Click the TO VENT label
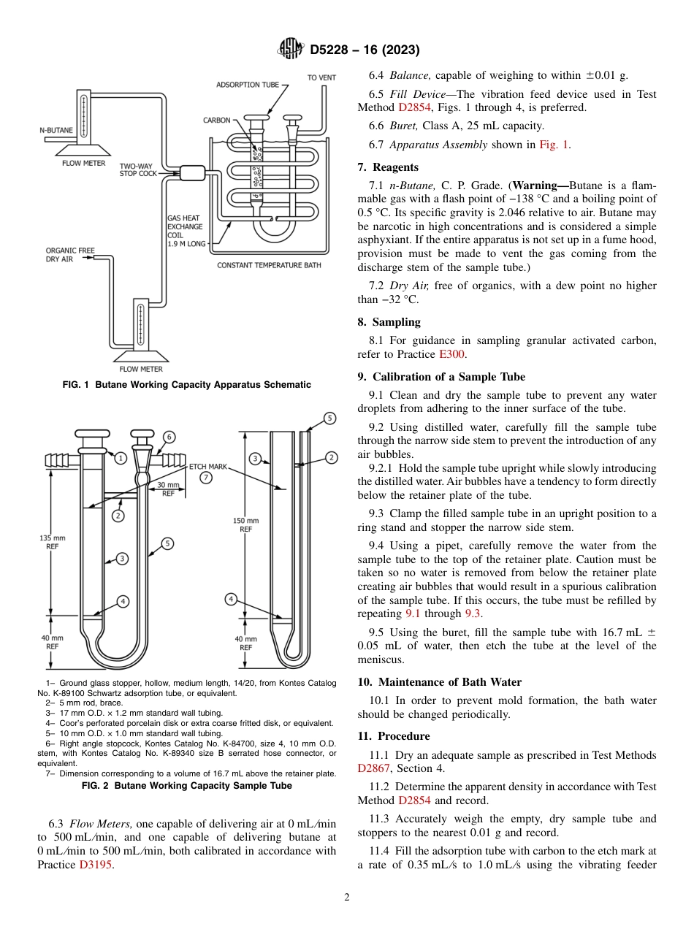[x=321, y=77]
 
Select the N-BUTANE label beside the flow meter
[x=56, y=130]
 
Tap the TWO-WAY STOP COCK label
[x=137, y=169]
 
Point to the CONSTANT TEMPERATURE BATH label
[x=268, y=265]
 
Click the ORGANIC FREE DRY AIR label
[x=70, y=255]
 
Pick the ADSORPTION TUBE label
[x=248, y=85]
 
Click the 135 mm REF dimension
[x=52, y=542]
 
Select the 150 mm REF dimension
[x=245, y=524]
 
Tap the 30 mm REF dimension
[x=168, y=489]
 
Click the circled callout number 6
[x=169, y=437]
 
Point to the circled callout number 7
[x=206, y=478]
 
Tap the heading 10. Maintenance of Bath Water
[x=439, y=682]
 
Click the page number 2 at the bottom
[x=347, y=897]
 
